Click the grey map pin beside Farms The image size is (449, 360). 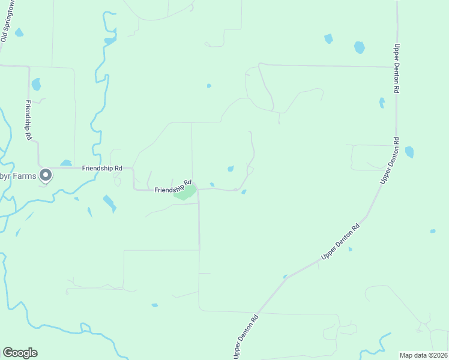click(46, 175)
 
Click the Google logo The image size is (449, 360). click(20, 353)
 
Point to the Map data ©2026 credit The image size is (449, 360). click(423, 355)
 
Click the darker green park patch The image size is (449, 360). click(185, 193)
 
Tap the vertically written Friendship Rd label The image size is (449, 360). click(28, 120)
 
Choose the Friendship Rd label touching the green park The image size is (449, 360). click(173, 187)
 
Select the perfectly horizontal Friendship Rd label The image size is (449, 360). click(103, 169)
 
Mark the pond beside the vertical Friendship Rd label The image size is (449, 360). click(36, 84)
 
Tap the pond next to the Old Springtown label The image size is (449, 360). click(19, 32)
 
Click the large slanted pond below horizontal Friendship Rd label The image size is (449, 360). click(109, 203)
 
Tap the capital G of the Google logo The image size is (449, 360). click(8, 353)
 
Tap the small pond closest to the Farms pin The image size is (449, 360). click(66, 163)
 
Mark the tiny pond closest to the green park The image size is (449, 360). click(212, 184)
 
